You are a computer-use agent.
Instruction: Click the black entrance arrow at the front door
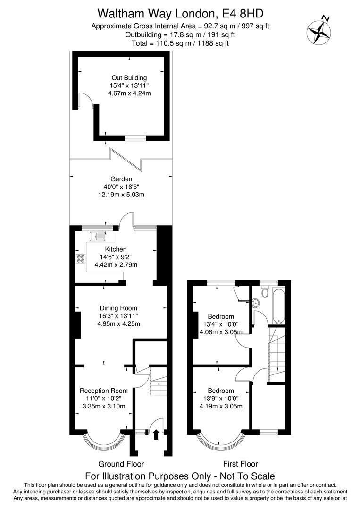(x=156, y=434)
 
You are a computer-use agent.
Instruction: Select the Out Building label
(x=129, y=78)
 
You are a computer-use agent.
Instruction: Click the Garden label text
(x=121, y=179)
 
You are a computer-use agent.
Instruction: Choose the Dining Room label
(x=118, y=308)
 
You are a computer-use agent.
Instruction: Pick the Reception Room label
(x=104, y=391)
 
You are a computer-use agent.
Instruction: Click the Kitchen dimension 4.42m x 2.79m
(x=116, y=264)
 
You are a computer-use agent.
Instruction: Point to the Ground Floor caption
(x=121, y=464)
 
